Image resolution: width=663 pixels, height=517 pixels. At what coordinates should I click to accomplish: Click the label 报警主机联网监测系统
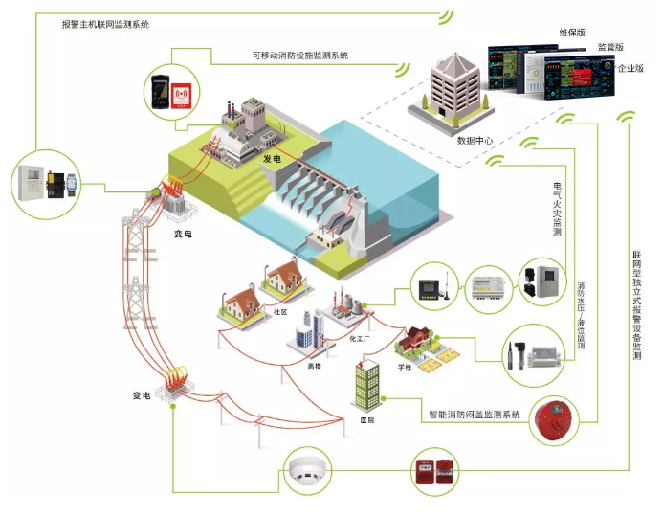[x=105, y=23]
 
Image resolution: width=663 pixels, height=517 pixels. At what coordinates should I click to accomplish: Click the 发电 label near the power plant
[x=272, y=157]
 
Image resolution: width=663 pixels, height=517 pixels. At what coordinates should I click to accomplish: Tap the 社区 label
[x=280, y=311]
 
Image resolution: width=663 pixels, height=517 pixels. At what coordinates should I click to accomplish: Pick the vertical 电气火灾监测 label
[x=557, y=207]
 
